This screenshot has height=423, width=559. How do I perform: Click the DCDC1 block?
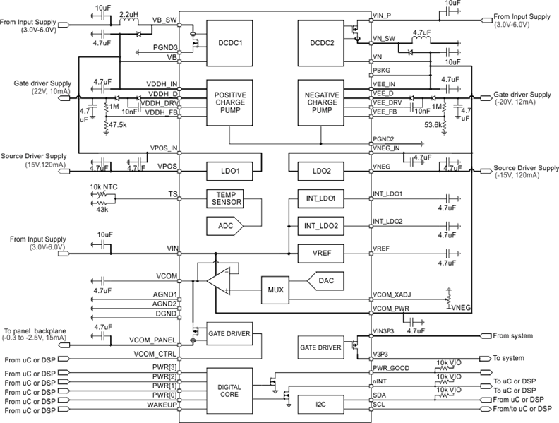[229, 42]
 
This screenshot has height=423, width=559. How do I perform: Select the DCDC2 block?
[321, 42]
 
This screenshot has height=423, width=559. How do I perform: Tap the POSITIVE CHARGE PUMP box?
[229, 102]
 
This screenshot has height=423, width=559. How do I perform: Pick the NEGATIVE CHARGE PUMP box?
[321, 102]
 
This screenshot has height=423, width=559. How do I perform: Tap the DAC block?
[325, 280]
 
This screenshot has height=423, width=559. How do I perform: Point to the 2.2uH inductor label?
[129, 13]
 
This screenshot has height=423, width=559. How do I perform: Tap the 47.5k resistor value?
[117, 125]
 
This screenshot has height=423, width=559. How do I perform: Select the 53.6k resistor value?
[433, 125]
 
